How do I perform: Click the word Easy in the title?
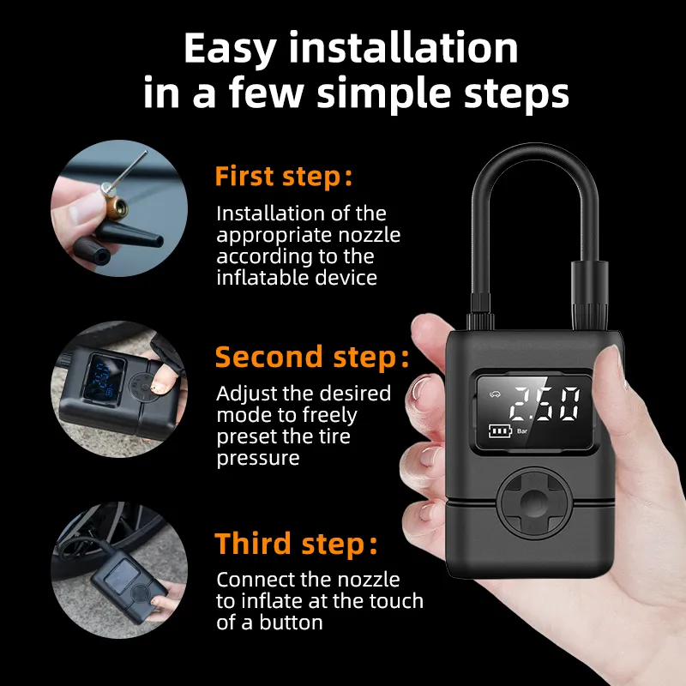pyautogui.click(x=230, y=49)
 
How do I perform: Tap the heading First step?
pyautogui.click(x=283, y=177)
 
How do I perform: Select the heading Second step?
pyautogui.click(x=312, y=357)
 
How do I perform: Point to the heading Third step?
pyautogui.click(x=296, y=544)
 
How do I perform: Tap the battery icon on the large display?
pyautogui.click(x=500, y=431)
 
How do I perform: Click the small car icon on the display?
pyautogui.click(x=495, y=394)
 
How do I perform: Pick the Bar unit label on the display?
pyautogui.click(x=522, y=431)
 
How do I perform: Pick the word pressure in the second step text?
pyautogui.click(x=258, y=459)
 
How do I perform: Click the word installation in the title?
pyautogui.click(x=403, y=48)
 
